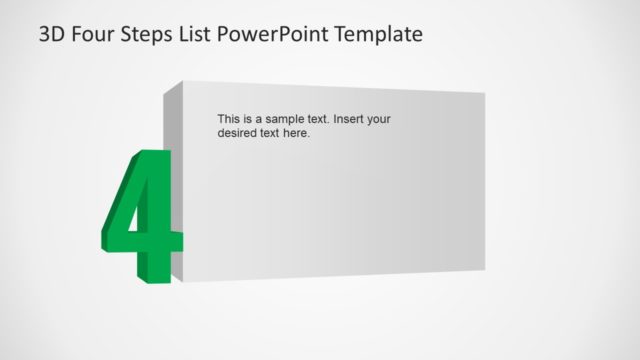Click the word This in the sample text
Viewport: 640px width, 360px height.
(229, 119)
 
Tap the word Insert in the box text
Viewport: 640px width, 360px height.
(350, 119)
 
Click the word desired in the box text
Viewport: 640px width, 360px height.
(238, 132)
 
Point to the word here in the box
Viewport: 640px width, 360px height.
(297, 132)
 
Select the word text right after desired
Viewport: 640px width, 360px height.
(271, 132)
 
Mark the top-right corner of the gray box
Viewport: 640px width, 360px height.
(485, 94)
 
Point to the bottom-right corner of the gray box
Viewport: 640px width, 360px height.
(485, 268)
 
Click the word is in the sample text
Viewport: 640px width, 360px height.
(249, 119)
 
